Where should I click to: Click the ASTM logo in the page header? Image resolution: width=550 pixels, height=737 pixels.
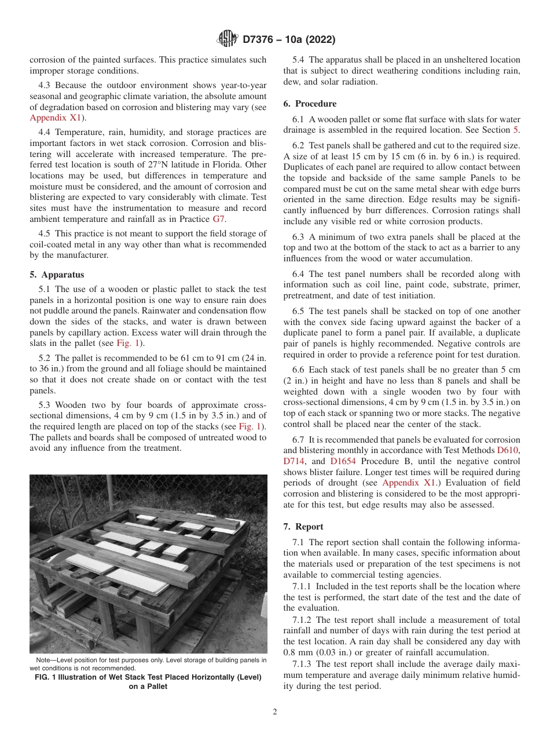227,39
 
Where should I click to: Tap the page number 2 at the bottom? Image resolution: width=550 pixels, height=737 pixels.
275,712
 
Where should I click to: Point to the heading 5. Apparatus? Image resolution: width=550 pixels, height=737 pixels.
57,275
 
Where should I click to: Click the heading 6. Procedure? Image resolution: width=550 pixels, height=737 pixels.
310,104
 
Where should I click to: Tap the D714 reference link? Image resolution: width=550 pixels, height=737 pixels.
294,461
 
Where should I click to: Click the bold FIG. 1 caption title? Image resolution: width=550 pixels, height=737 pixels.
148,677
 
